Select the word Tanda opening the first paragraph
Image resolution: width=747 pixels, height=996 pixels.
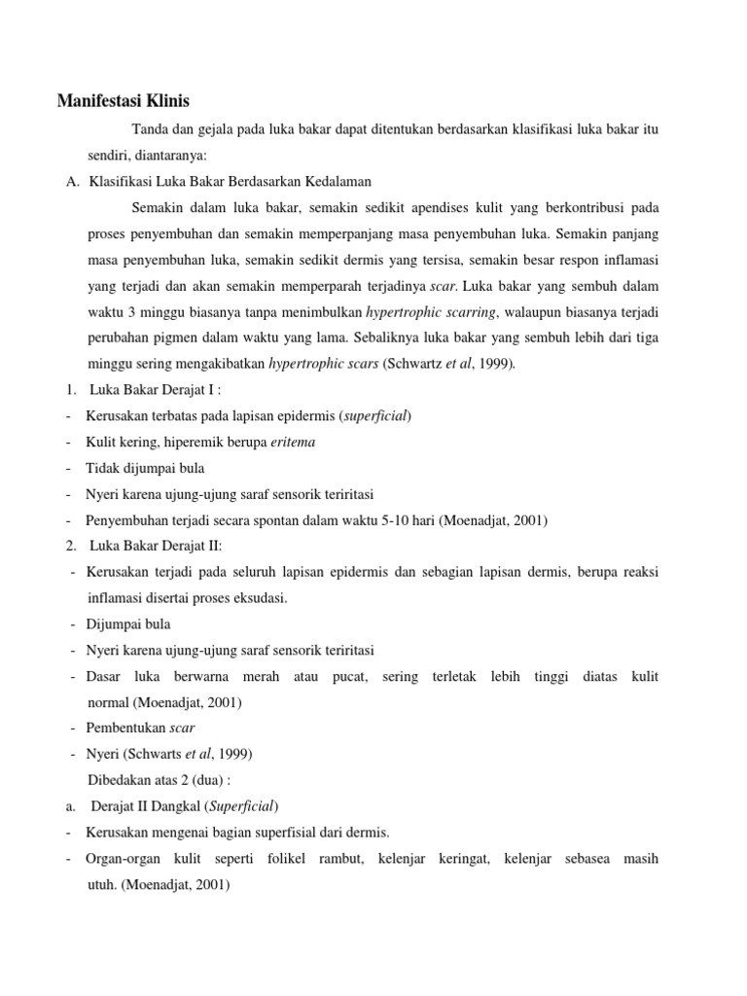(x=150, y=129)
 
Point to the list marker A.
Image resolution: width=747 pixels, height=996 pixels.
(x=60, y=182)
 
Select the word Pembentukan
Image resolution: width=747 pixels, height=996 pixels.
(x=125, y=728)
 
